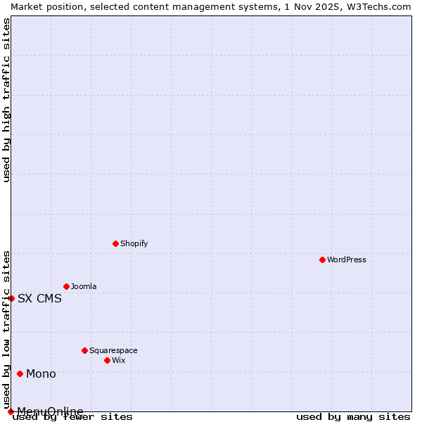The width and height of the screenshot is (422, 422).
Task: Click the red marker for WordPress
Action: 322,260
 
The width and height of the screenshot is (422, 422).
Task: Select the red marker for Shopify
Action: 115,243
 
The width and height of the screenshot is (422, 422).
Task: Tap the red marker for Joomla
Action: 66,286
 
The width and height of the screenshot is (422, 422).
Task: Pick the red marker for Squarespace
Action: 84,350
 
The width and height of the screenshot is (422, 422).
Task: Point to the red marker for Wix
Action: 107,360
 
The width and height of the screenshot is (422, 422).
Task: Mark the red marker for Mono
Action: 20,373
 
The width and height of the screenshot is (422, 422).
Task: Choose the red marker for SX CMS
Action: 11,298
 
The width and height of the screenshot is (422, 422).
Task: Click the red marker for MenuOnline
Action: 11,411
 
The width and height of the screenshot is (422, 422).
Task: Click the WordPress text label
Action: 347,260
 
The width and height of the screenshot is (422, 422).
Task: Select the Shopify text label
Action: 134,243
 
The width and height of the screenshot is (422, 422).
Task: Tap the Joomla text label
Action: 84,286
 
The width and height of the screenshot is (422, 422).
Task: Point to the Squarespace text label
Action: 113,350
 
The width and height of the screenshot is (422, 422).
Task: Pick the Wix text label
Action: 118,360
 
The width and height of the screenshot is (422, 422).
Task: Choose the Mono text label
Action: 41,373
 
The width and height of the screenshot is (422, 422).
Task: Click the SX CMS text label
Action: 39,298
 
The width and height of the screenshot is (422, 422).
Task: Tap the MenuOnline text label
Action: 50,411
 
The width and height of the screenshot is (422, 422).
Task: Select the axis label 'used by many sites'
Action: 353,416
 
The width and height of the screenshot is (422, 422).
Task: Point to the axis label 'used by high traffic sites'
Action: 6,100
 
